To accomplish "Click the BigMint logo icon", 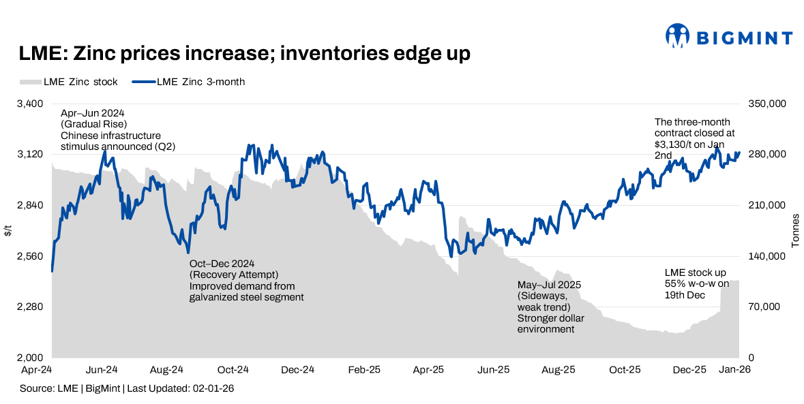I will point(678,35).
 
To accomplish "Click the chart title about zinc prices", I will point(244,54).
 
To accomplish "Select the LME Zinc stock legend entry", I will point(68,82).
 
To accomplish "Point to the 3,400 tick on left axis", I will point(30,104).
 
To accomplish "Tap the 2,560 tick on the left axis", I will point(30,256).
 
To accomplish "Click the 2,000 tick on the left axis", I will point(30,358).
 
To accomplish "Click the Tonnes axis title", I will point(795,230).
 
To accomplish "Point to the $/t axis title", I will point(8,230).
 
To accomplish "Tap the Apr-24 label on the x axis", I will point(38,370).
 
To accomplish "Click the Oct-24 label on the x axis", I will point(233,370).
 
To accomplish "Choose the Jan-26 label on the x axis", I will point(736,370).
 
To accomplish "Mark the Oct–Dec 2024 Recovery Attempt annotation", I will point(245,280).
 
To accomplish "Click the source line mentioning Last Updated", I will point(127,388).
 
